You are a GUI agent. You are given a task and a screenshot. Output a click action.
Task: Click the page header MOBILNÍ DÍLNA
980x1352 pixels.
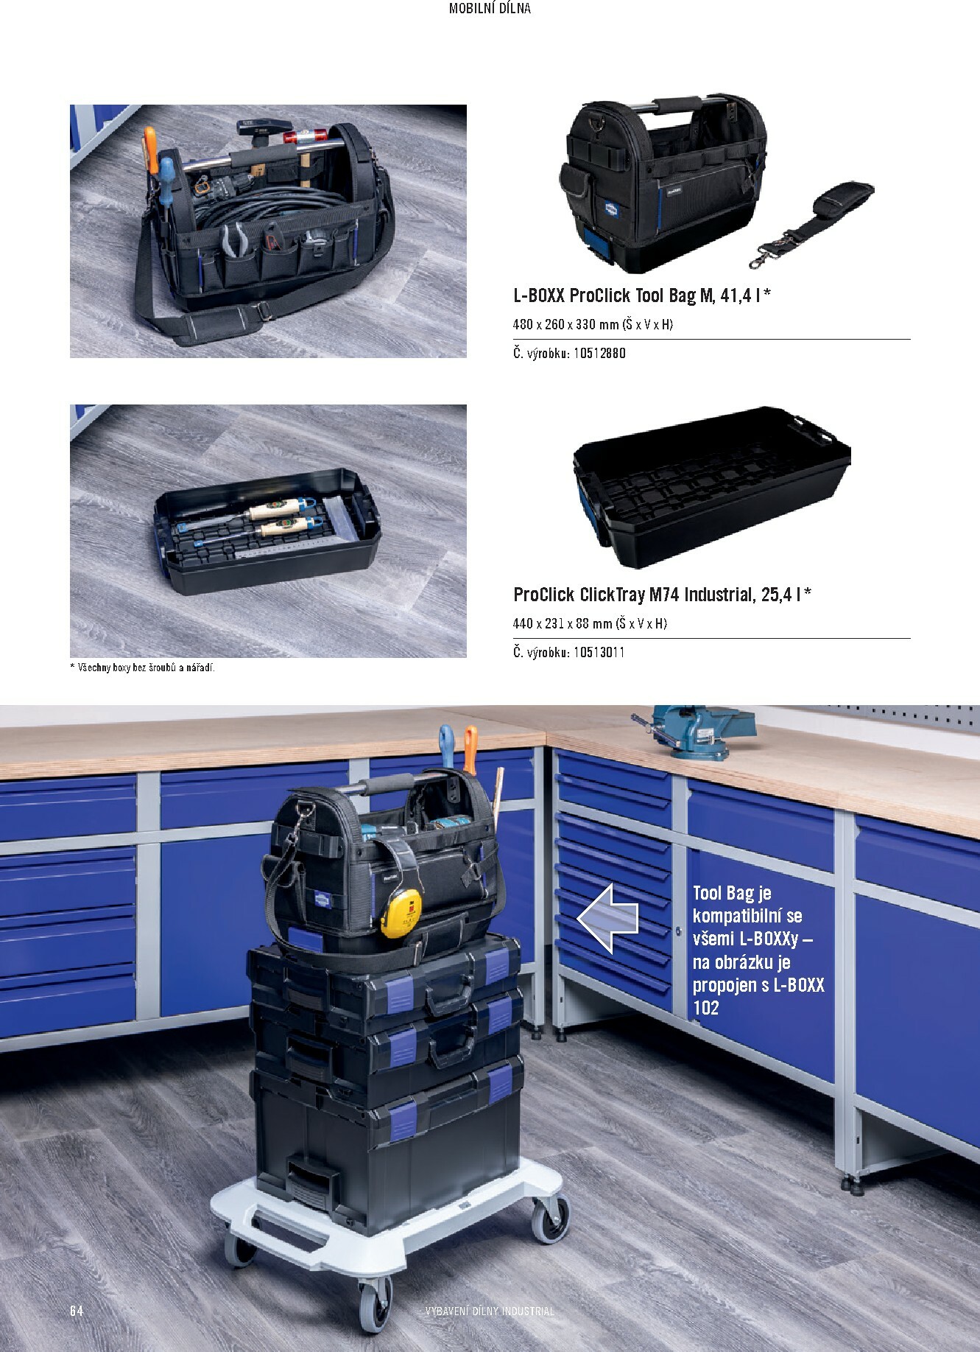click(490, 9)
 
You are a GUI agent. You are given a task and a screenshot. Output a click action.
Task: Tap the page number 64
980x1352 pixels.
click(77, 1311)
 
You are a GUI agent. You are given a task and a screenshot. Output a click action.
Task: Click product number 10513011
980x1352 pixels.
click(599, 652)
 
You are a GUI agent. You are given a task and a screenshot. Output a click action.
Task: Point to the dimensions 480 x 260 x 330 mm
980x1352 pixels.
click(565, 324)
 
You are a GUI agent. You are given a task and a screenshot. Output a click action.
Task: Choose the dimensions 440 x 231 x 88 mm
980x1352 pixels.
click(563, 623)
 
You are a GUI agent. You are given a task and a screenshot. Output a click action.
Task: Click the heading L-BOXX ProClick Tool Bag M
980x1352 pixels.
click(613, 296)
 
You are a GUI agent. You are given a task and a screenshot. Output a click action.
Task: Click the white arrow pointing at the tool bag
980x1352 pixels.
click(607, 918)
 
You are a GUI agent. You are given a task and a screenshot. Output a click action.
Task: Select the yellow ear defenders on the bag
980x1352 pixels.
click(401, 912)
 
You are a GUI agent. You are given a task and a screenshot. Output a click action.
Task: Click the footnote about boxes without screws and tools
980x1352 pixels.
click(142, 668)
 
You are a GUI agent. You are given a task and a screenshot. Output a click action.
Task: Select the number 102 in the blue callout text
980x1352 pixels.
click(705, 1007)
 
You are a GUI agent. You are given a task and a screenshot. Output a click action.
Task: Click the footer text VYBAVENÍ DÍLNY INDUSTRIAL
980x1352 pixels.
click(490, 1311)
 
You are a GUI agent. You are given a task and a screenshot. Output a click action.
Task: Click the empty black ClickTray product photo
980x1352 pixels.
click(712, 486)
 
